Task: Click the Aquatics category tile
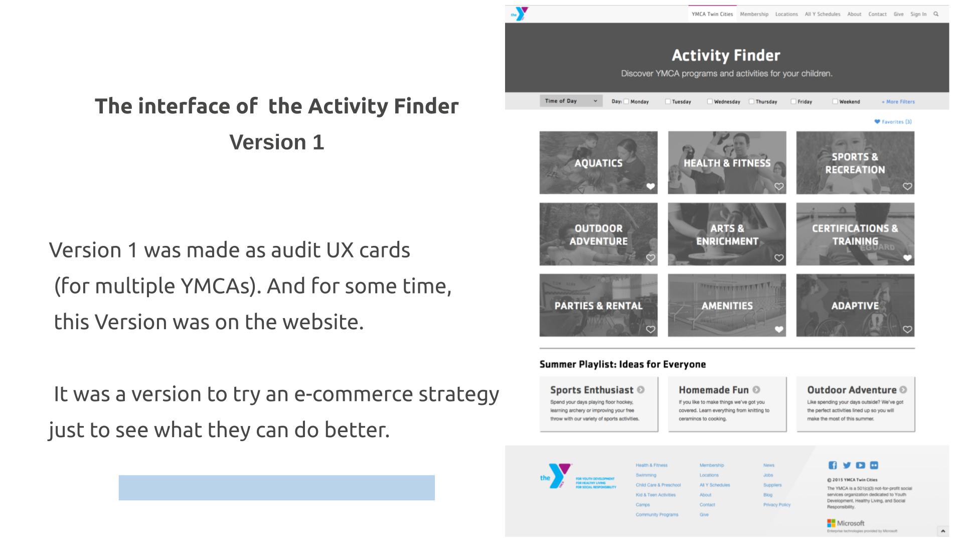click(598, 163)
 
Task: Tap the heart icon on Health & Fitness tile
click(778, 187)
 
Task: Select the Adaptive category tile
click(855, 305)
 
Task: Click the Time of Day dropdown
click(571, 101)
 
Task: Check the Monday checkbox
click(626, 101)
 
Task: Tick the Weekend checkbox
click(835, 101)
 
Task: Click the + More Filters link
click(898, 101)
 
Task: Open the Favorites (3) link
click(893, 121)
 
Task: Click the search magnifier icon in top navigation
click(935, 14)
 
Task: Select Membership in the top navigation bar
click(754, 14)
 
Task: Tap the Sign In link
click(918, 14)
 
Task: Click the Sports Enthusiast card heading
click(592, 390)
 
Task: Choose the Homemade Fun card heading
click(713, 390)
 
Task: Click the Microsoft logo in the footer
click(846, 523)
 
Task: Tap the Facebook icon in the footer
click(833, 465)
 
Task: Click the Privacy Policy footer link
click(776, 505)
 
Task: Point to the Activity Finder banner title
click(726, 55)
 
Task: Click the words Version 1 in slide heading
click(276, 142)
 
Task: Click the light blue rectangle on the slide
click(276, 487)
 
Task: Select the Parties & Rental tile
click(598, 305)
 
